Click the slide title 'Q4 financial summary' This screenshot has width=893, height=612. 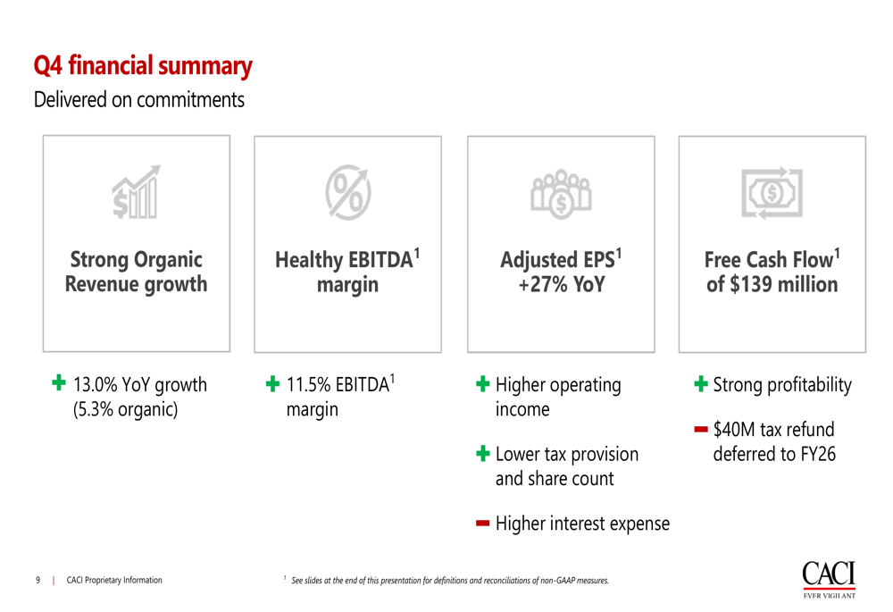click(143, 66)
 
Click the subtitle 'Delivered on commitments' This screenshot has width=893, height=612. click(139, 100)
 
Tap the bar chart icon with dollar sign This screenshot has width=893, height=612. click(136, 192)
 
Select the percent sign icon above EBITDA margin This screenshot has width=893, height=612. click(348, 192)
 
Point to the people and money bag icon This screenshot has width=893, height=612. click(561, 194)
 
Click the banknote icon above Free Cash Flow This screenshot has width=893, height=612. click(772, 193)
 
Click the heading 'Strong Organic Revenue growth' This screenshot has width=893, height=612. click(136, 272)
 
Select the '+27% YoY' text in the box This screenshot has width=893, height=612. click(562, 284)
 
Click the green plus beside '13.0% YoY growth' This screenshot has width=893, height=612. click(59, 382)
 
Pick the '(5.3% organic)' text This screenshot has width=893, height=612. click(125, 409)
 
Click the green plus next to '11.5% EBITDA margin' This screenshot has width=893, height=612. click(272, 383)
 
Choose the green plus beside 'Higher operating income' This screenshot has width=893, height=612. click(483, 383)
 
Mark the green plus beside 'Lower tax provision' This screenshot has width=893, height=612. click(483, 454)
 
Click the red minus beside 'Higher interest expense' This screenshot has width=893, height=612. click(483, 524)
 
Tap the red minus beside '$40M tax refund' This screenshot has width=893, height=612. click(701, 429)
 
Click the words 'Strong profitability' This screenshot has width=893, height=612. click(782, 385)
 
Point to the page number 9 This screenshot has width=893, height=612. click(38, 580)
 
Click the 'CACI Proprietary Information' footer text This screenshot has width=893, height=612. click(114, 580)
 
